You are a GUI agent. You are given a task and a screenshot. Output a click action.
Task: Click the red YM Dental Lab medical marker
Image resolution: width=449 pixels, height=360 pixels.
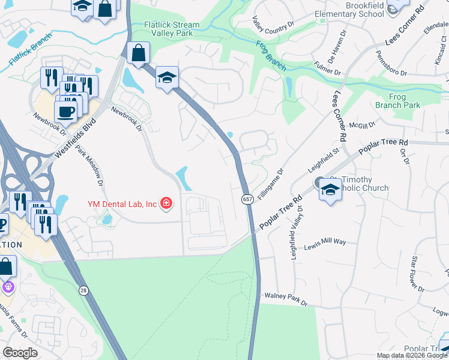click(x=166, y=204)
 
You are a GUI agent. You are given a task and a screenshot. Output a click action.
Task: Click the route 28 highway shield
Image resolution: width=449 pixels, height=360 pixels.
click(x=82, y=290)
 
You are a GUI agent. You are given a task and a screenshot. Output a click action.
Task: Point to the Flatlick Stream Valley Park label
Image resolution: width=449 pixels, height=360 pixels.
click(x=168, y=29)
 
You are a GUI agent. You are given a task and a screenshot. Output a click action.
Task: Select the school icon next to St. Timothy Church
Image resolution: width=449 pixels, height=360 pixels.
click(x=330, y=190)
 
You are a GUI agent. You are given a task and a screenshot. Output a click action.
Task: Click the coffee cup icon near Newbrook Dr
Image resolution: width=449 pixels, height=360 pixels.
click(x=65, y=110)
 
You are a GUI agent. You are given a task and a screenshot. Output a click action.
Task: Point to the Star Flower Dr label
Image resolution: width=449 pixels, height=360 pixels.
click(x=417, y=274)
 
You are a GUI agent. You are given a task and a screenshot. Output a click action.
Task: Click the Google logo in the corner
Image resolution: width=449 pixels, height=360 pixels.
click(x=20, y=352)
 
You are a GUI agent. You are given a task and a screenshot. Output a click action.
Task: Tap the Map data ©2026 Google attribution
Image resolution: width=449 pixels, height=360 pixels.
click(x=412, y=355)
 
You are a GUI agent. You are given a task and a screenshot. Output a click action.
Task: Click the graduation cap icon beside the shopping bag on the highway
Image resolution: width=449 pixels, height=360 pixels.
click(x=167, y=77)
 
